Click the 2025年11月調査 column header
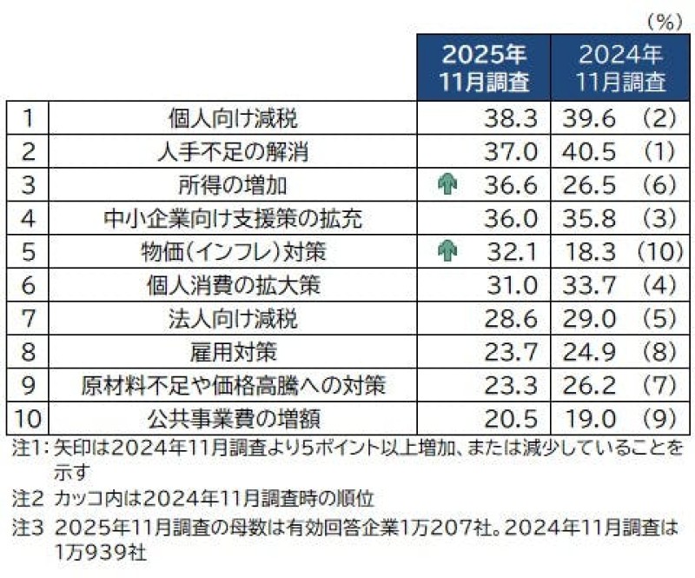(484, 69)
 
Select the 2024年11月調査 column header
(620, 69)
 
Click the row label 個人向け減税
(232, 117)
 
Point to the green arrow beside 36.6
(448, 184)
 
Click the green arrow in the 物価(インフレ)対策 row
(448, 251)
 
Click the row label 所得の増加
(232, 184)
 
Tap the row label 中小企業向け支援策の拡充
(232, 218)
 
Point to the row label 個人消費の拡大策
(232, 285)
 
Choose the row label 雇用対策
(232, 352)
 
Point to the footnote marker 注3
(20, 527)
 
